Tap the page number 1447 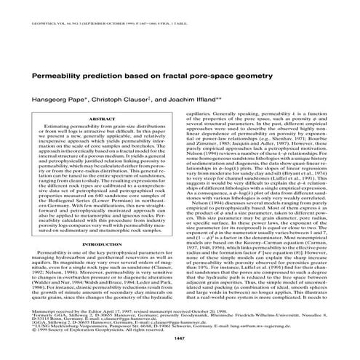180,340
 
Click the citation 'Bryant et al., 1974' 312,176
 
